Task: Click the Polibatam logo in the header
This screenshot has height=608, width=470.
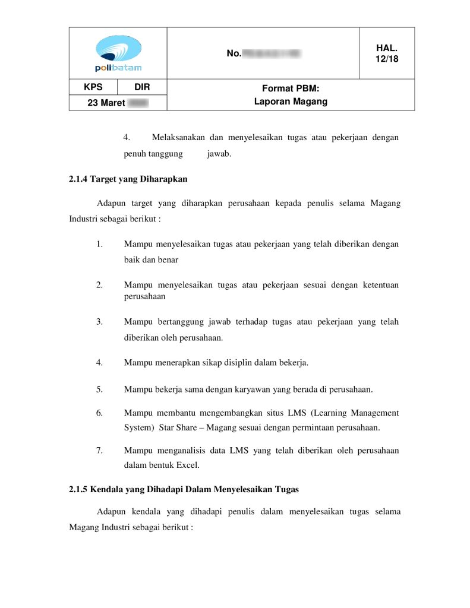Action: (118, 53)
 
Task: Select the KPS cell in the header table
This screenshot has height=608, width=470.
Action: (93, 87)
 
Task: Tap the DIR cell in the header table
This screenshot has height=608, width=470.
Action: (142, 87)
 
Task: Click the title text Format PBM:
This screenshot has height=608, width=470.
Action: (291, 88)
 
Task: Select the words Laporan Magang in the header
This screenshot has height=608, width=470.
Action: (291, 102)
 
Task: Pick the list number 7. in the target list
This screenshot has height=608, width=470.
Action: (100, 450)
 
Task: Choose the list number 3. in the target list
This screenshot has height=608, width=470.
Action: (100, 322)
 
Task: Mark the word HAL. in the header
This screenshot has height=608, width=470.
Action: (387, 47)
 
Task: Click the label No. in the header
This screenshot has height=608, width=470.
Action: (234, 54)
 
